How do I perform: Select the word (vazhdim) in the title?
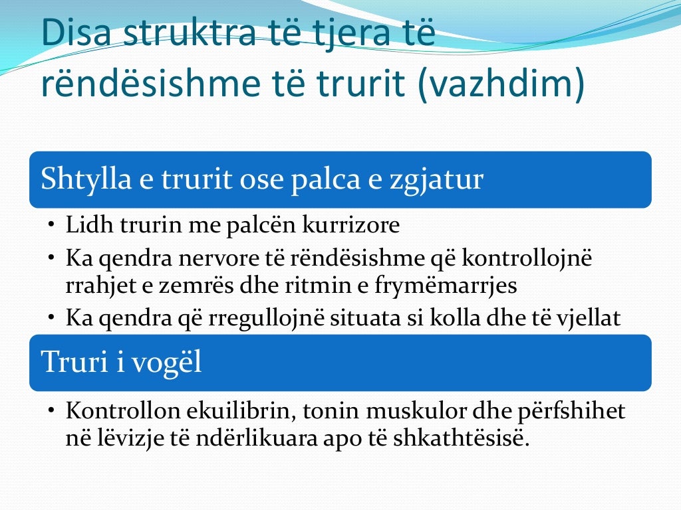(x=502, y=84)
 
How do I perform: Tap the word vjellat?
(x=590, y=318)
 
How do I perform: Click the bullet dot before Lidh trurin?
(x=51, y=226)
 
